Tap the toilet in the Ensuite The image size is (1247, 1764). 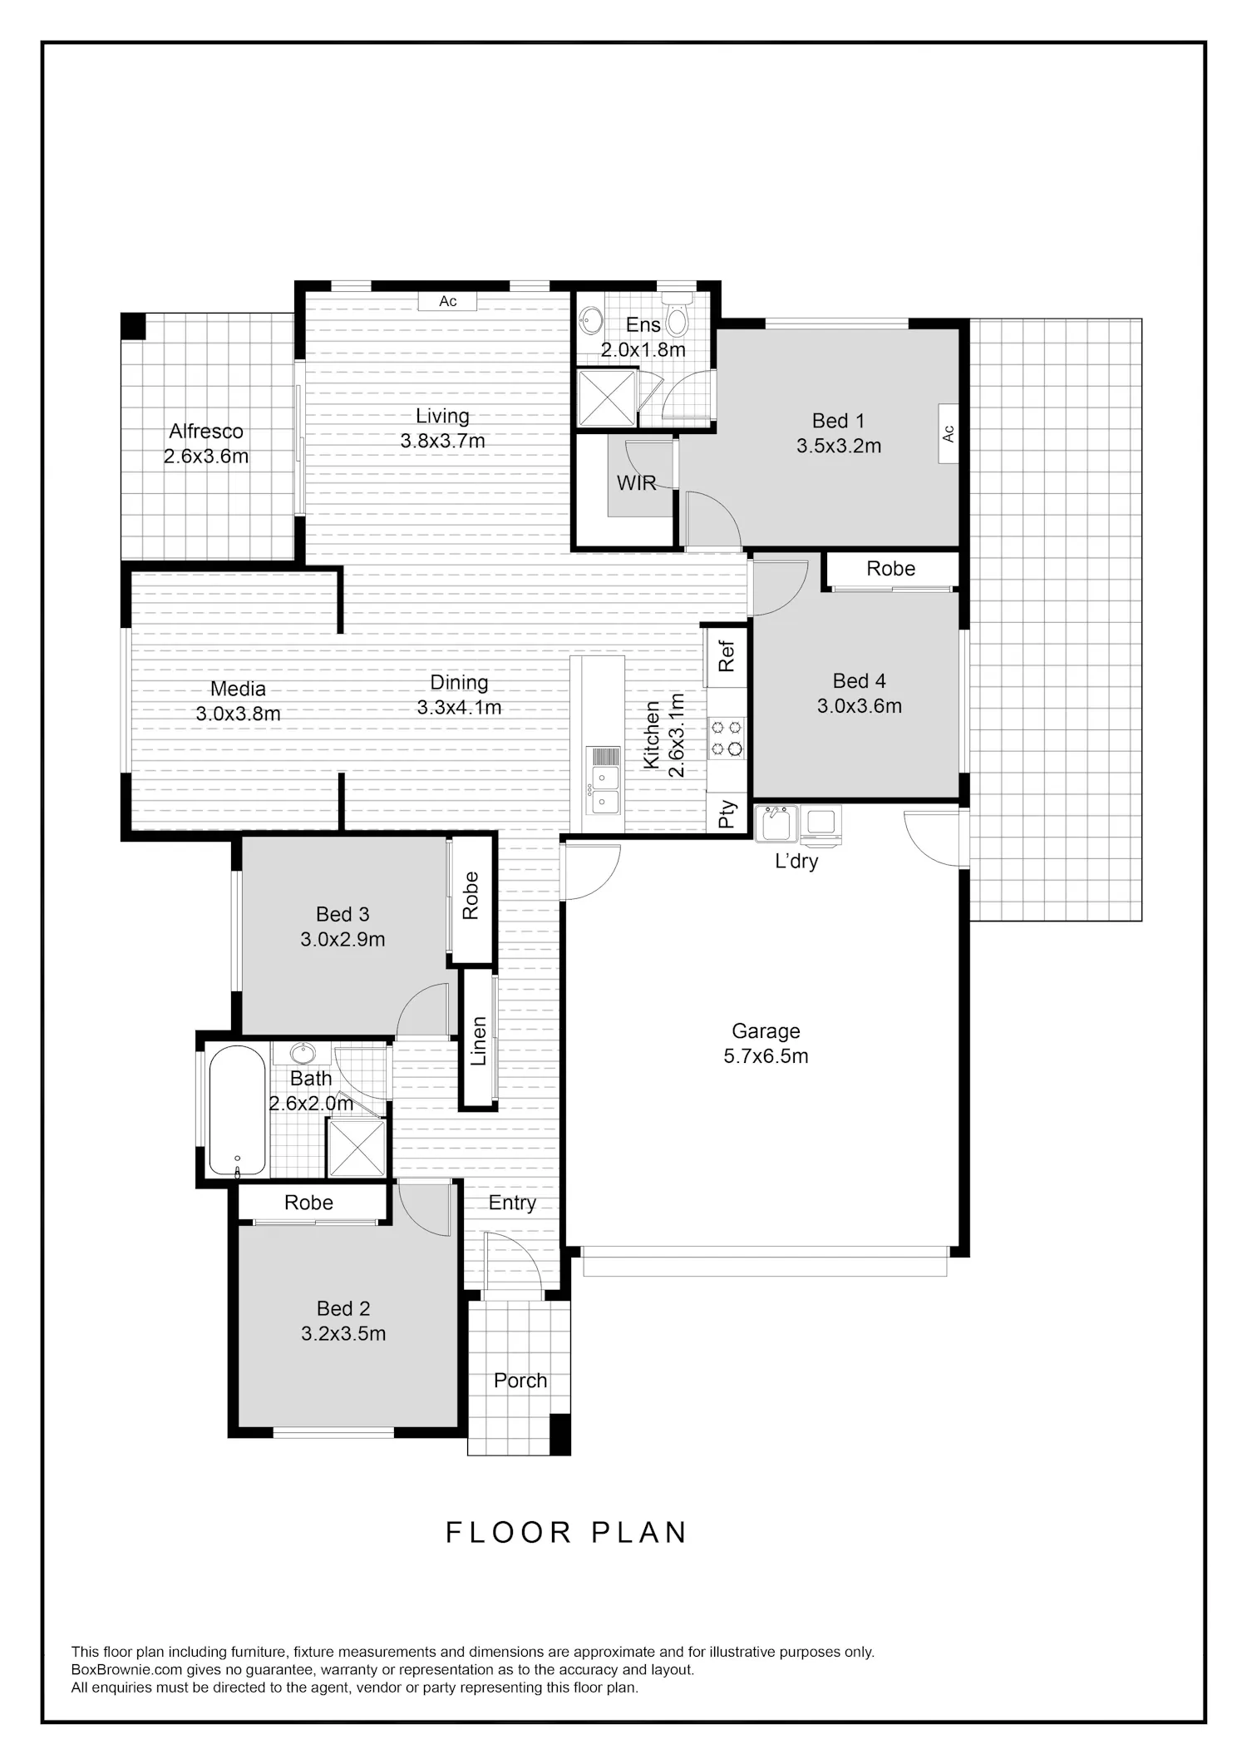point(678,314)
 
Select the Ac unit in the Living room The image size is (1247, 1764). point(448,301)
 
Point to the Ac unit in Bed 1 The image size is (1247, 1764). point(949,433)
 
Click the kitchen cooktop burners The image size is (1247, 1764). point(727,738)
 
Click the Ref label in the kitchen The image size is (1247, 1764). point(727,655)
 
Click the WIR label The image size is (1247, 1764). point(636,483)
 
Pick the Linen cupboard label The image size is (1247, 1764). point(479,1041)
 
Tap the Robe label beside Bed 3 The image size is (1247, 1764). point(471,895)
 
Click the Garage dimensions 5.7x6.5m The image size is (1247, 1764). point(766,1056)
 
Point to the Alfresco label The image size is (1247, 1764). point(206,431)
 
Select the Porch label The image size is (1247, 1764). point(520,1381)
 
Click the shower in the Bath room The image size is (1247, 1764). point(357,1148)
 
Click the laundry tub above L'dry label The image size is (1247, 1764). point(776,824)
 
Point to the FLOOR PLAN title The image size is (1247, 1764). point(567,1533)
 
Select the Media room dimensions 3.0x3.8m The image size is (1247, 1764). point(238,714)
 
